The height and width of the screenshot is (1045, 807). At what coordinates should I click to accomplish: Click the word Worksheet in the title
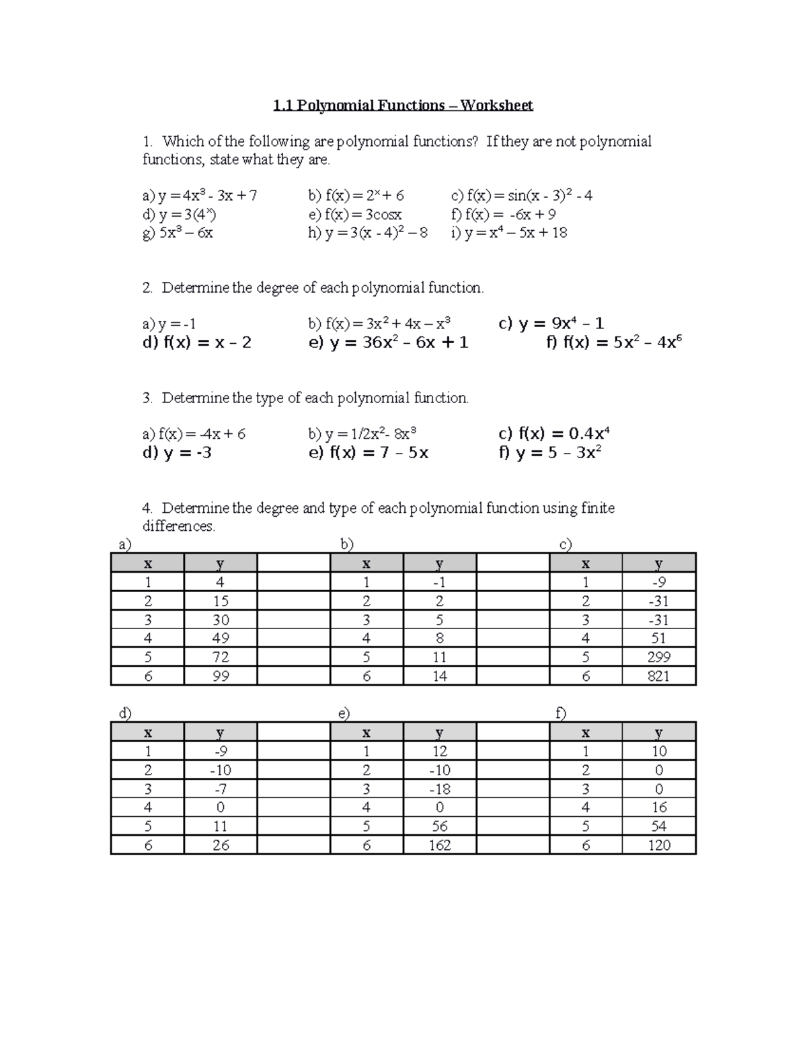[496, 106]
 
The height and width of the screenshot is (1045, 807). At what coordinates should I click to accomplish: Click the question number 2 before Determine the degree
[147, 288]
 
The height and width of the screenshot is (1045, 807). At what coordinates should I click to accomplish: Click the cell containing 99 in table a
[221, 676]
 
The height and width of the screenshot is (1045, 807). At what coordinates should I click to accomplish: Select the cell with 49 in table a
[221, 639]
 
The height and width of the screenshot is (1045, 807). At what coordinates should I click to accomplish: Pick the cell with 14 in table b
[440, 676]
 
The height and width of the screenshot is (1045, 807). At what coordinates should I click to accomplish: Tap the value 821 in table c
[658, 676]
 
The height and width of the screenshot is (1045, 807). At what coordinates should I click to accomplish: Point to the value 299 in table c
[658, 657]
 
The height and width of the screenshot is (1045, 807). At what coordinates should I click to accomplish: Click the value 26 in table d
[221, 845]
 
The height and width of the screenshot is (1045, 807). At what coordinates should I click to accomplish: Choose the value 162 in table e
[440, 845]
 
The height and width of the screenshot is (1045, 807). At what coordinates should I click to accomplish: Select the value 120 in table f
[658, 845]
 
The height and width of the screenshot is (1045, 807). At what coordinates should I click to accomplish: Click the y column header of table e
[440, 733]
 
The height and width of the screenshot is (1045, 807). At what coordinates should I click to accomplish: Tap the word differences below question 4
[178, 526]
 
